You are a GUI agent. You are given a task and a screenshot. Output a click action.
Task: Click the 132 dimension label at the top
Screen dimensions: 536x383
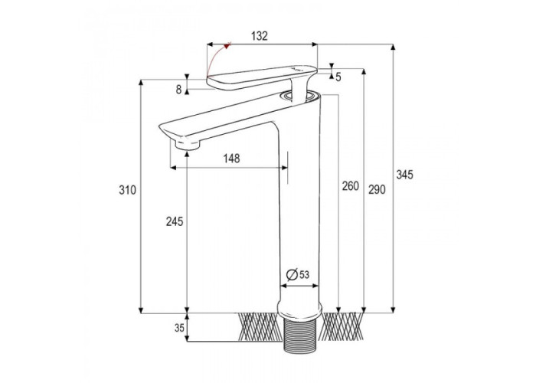click(x=260, y=36)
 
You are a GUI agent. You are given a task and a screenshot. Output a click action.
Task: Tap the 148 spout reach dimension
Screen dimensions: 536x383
click(x=231, y=159)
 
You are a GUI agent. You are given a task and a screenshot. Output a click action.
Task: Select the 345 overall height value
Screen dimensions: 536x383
click(x=404, y=175)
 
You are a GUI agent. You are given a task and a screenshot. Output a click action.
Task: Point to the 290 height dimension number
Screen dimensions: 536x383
click(x=377, y=189)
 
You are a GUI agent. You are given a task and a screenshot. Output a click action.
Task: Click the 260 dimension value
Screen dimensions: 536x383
click(x=351, y=186)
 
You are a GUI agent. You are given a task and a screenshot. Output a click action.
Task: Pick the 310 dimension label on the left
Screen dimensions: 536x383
click(x=128, y=190)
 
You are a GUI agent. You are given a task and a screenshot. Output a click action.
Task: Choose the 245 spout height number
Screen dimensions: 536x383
click(x=175, y=221)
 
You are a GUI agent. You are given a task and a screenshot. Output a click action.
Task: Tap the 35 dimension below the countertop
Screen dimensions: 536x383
click(x=179, y=328)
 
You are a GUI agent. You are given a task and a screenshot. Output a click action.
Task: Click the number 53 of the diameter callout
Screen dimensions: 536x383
click(x=304, y=274)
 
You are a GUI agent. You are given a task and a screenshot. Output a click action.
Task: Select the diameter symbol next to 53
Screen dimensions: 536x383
click(x=292, y=274)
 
